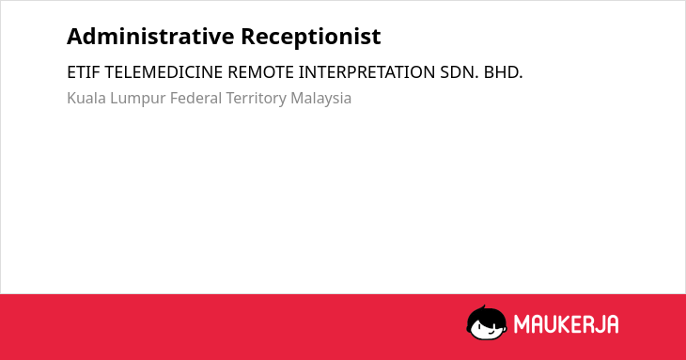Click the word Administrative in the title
[x=150, y=37]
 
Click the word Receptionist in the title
[x=311, y=38]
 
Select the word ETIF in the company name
[x=84, y=72]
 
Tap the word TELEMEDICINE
[x=164, y=72]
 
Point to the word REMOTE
[x=260, y=72]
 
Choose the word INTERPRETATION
[x=366, y=72]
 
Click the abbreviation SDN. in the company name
[x=460, y=72]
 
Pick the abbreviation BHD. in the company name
[x=503, y=72]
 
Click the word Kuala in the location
[x=86, y=98]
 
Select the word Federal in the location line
[x=195, y=98]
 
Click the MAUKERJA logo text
[x=566, y=324]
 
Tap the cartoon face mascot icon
[x=487, y=323]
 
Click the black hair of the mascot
[x=486, y=314]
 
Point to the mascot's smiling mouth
[x=491, y=333]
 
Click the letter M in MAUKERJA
[x=521, y=324]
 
